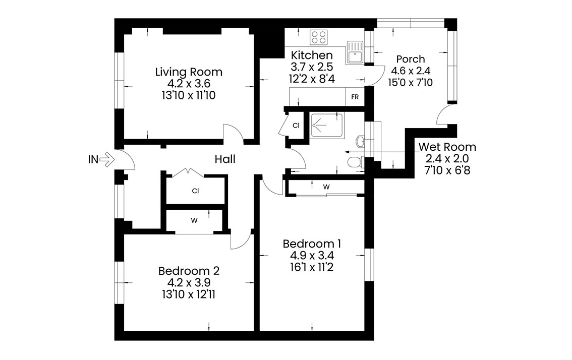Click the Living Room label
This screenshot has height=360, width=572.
click(x=189, y=72)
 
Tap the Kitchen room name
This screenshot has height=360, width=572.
click(x=312, y=55)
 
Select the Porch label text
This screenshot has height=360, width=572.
click(x=411, y=59)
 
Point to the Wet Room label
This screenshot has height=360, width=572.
click(x=447, y=147)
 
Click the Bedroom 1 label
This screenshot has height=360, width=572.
click(x=312, y=244)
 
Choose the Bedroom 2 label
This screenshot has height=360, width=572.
click(x=189, y=271)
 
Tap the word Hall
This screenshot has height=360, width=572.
click(x=225, y=159)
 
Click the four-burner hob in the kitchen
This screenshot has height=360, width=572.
click(x=319, y=37)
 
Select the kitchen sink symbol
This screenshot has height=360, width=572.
click(x=354, y=52)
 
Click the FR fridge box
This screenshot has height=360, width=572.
click(x=355, y=97)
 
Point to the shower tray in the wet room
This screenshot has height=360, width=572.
click(x=326, y=126)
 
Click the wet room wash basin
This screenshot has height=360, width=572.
click(x=361, y=142)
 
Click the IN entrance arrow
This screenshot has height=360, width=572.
click(x=107, y=159)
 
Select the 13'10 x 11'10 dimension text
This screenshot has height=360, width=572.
click(x=189, y=96)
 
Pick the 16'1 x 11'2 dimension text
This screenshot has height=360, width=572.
click(x=312, y=267)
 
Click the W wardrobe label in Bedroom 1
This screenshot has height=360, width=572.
click(x=326, y=187)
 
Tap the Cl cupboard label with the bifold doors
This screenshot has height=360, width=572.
click(x=196, y=191)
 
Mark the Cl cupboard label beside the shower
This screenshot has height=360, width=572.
click(x=296, y=126)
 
